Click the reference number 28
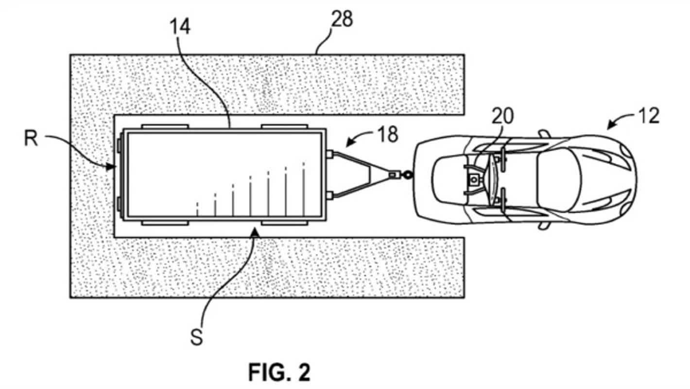342,19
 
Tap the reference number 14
180,26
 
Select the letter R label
31,139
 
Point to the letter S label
197,337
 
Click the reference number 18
388,134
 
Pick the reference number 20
503,116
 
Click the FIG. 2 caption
279,372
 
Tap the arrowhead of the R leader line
111,167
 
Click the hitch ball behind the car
407,175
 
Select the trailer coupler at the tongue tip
394,175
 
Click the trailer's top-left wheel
165,126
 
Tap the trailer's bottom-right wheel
284,223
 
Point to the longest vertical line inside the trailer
304,189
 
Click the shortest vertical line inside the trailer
197,209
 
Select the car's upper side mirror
544,134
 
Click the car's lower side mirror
544,226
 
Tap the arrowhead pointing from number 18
350,143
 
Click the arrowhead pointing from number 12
611,125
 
